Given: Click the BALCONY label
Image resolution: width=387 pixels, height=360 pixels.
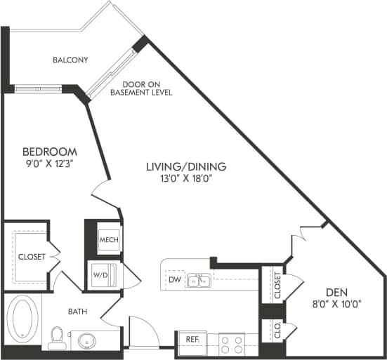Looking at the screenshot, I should click(70, 60).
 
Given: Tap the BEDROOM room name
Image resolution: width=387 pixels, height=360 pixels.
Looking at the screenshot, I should click(49, 152).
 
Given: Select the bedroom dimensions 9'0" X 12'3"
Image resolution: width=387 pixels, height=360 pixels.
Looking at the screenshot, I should click(49, 163).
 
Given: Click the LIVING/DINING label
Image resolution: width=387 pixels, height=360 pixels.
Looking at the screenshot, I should click(185, 166).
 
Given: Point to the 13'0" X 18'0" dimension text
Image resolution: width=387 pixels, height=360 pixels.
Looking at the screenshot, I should click(185, 178).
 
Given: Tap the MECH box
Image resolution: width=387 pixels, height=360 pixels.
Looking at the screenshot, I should click(108, 240).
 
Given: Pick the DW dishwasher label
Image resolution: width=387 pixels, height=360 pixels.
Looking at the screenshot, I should click(174, 280).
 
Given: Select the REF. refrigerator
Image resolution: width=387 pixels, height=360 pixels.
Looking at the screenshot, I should click(192, 338).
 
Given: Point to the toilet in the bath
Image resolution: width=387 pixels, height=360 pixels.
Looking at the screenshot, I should click(57, 338).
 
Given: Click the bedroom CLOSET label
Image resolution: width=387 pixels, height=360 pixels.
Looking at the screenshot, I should click(32, 257).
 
